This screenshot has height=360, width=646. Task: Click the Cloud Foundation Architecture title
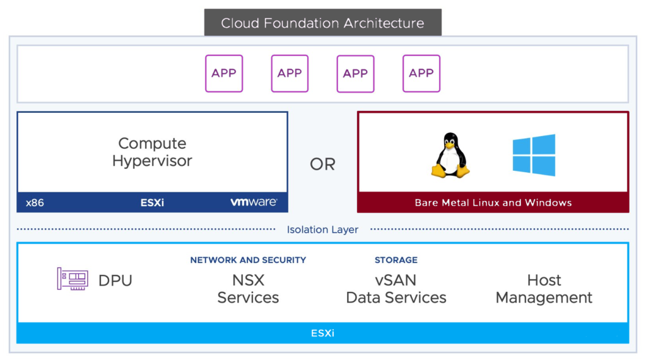(322, 23)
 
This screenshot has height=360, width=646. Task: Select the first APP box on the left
(224, 73)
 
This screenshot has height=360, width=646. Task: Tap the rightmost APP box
(421, 73)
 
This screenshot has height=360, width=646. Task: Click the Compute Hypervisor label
(152, 152)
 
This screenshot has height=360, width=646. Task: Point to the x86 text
(35, 203)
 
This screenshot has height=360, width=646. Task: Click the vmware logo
(253, 202)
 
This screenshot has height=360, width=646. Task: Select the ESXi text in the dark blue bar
(152, 203)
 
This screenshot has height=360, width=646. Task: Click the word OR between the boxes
(322, 165)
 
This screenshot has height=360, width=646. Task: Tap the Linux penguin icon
(450, 155)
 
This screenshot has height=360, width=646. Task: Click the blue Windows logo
(534, 155)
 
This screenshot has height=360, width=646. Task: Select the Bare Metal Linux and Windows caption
(493, 203)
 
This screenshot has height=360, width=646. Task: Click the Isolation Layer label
(322, 229)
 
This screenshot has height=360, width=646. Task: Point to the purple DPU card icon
(73, 279)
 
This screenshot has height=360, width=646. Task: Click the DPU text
(115, 281)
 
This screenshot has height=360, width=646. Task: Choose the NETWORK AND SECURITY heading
(248, 260)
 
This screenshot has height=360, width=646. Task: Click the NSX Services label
(248, 289)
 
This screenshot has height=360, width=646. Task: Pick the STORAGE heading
(396, 260)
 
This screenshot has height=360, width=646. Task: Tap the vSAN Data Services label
(396, 289)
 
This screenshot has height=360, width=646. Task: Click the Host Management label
(544, 289)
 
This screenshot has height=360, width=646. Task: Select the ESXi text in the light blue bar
(322, 333)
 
